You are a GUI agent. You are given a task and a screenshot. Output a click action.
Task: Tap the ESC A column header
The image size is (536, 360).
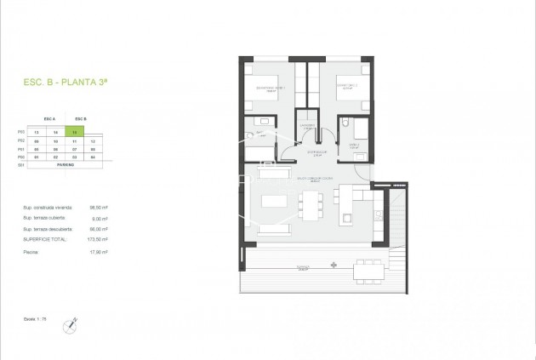coord(48,119)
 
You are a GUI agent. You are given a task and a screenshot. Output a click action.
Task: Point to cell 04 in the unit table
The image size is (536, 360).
coord(93,157)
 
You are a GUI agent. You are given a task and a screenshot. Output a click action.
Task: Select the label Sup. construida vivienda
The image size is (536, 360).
coord(48,207)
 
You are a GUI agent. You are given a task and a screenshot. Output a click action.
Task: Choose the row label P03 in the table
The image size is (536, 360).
coord(21,133)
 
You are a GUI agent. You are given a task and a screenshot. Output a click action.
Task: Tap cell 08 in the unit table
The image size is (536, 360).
coord(93,149)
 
